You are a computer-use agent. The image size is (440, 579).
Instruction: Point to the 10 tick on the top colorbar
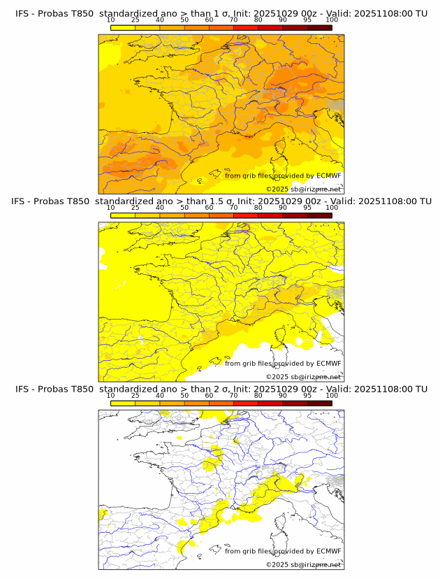click(111, 20)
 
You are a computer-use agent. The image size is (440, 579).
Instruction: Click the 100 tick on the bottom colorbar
click(332, 395)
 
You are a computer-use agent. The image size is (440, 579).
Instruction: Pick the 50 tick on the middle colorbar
click(184, 208)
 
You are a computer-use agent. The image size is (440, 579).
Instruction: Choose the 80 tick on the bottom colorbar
click(258, 395)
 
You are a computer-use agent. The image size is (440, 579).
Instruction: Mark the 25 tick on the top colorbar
click(135, 20)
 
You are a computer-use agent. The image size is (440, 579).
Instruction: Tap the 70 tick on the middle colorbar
click(234, 208)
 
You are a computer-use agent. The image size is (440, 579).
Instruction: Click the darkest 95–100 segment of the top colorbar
click(320, 27)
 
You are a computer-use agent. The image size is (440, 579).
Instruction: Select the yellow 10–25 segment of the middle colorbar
click(123, 215)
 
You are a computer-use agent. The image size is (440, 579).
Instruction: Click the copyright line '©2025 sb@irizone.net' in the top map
click(303, 190)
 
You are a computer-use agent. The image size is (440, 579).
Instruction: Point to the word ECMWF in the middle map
click(329, 363)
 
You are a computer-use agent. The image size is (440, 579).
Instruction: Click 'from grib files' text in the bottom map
click(249, 550)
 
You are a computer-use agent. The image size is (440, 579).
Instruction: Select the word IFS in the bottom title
click(22, 389)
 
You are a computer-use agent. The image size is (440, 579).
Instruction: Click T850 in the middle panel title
click(80, 201)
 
